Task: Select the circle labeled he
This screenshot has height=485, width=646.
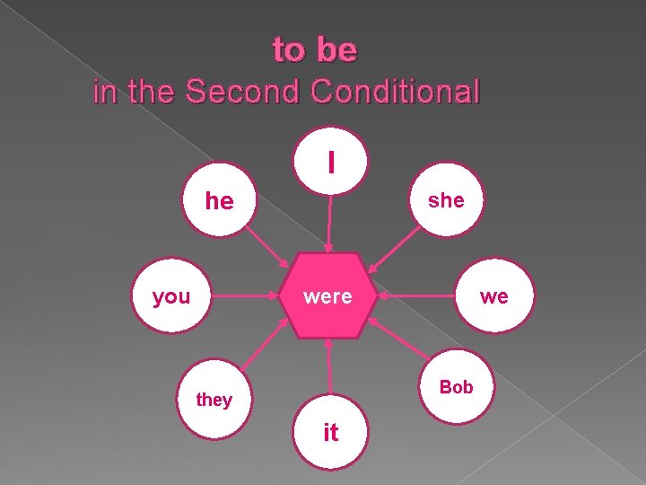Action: [220, 200]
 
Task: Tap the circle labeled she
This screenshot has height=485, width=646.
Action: [446, 200]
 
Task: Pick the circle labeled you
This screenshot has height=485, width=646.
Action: [171, 296]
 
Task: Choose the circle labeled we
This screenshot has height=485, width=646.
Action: [493, 296]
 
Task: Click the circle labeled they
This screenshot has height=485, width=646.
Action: [214, 399]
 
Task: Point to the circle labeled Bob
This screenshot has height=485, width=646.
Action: [456, 387]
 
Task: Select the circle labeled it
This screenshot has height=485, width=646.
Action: [330, 432]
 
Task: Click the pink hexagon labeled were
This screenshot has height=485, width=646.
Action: [328, 296]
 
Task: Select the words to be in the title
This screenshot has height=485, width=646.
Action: [315, 50]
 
